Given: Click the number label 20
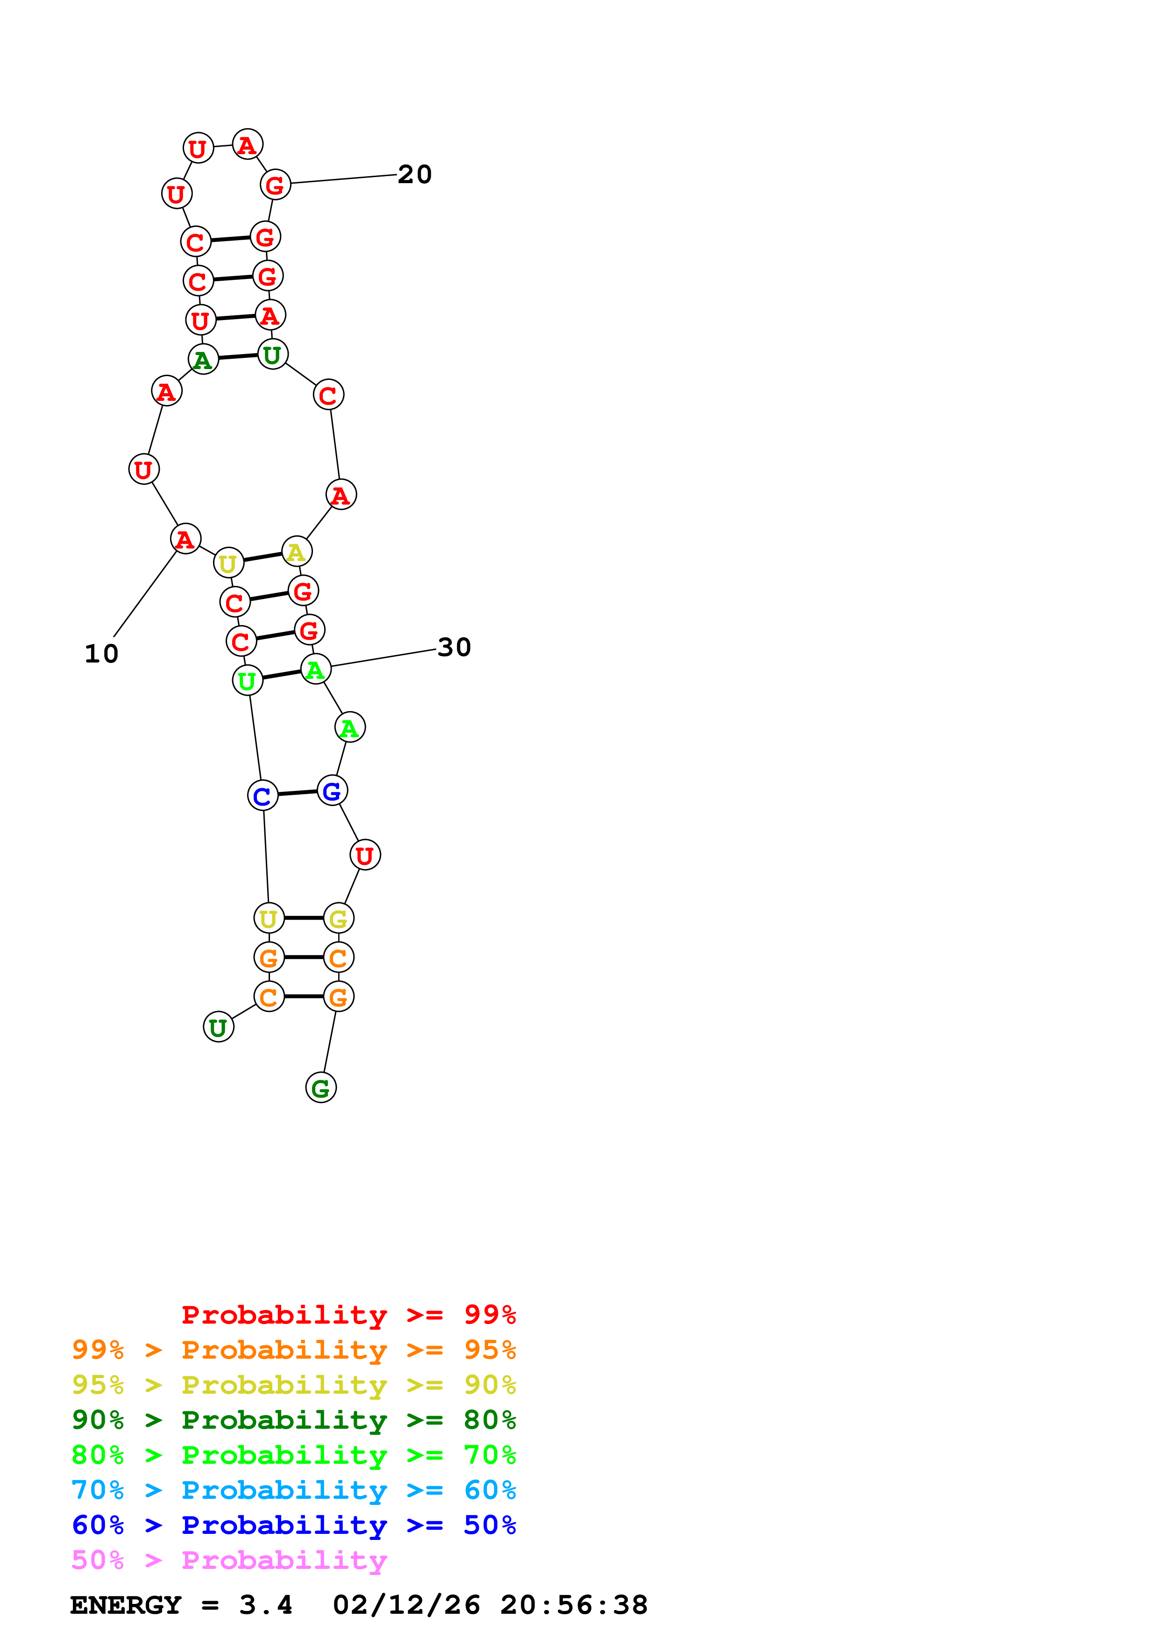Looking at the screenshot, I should point(414,174).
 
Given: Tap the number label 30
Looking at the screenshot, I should point(454,648).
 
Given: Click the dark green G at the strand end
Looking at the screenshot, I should point(321,1087).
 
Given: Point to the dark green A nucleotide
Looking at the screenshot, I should point(203,359).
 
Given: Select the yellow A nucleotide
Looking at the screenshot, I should point(297,552).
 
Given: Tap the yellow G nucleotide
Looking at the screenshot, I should point(338,918).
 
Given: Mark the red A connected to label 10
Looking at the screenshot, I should point(185,539).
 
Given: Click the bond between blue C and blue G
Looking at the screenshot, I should point(297,792).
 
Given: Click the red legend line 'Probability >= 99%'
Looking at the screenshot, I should point(348,1314).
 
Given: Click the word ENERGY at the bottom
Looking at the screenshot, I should point(126,1605).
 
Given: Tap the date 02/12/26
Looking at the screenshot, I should point(406,1605).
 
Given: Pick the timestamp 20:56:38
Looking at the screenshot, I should point(574,1605).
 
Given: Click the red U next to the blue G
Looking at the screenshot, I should point(365,855).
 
